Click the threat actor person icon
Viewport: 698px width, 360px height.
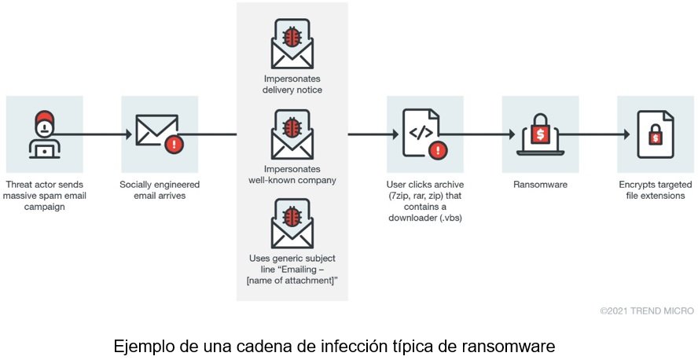point(44,134)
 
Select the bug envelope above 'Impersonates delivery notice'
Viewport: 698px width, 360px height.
point(292,42)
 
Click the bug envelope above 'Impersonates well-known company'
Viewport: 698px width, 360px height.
point(292,135)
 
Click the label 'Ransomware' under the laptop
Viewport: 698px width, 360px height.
point(539,185)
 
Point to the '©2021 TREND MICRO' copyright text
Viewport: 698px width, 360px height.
point(646,311)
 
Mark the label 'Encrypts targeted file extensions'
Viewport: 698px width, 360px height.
point(655,189)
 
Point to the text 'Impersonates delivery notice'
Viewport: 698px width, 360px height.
point(292,85)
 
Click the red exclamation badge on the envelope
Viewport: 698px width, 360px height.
point(174,145)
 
